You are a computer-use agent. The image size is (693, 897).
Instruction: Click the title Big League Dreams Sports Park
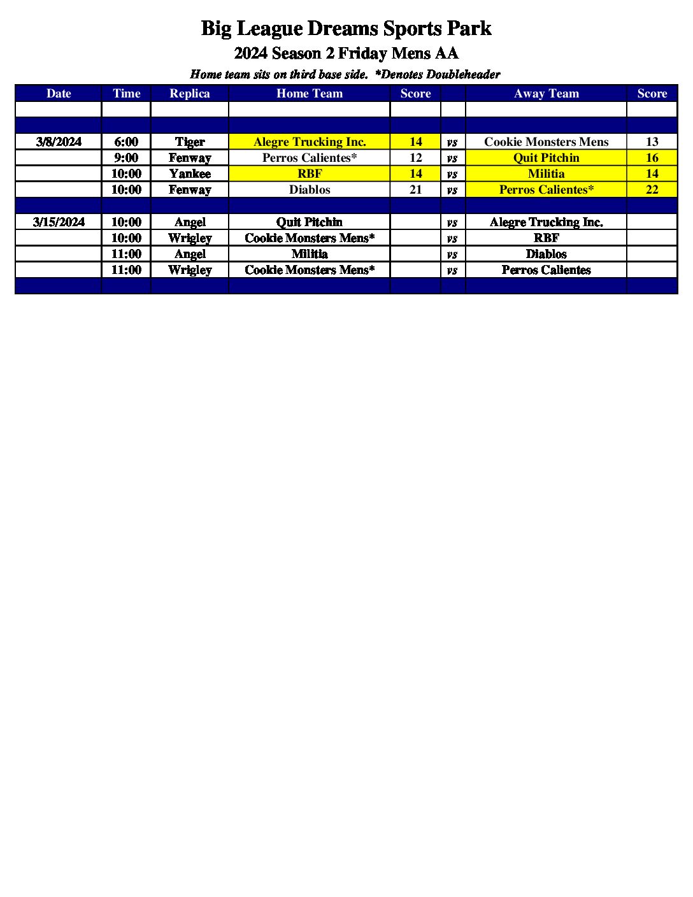tap(346, 29)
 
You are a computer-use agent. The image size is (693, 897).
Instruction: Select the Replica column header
tap(189, 94)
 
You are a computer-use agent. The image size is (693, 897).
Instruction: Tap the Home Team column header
tap(310, 94)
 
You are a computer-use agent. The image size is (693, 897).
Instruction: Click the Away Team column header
tap(546, 94)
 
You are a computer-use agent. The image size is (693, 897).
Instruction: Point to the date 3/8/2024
tap(59, 141)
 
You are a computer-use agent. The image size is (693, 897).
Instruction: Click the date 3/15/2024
tap(59, 222)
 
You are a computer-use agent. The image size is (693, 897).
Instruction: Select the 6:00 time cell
tap(126, 141)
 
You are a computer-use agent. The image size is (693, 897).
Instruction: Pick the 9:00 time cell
tap(126, 157)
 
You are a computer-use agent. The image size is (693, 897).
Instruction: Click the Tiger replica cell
tap(190, 141)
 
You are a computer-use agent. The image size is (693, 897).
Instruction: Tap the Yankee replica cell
tap(190, 173)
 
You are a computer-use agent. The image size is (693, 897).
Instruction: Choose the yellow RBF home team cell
tap(310, 173)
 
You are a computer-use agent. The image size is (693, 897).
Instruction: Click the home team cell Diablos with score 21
tap(310, 189)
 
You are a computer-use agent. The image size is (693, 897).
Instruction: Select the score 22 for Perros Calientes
tap(652, 189)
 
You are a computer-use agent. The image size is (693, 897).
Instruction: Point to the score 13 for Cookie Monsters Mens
tap(652, 141)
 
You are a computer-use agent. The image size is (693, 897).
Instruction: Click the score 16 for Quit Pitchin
tap(652, 157)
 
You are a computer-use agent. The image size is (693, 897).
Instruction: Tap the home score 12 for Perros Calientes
tap(415, 157)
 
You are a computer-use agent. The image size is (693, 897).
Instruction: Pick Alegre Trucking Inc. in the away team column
tap(546, 222)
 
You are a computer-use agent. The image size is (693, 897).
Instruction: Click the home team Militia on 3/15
tap(310, 254)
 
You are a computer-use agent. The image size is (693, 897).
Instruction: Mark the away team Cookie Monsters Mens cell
tap(546, 141)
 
